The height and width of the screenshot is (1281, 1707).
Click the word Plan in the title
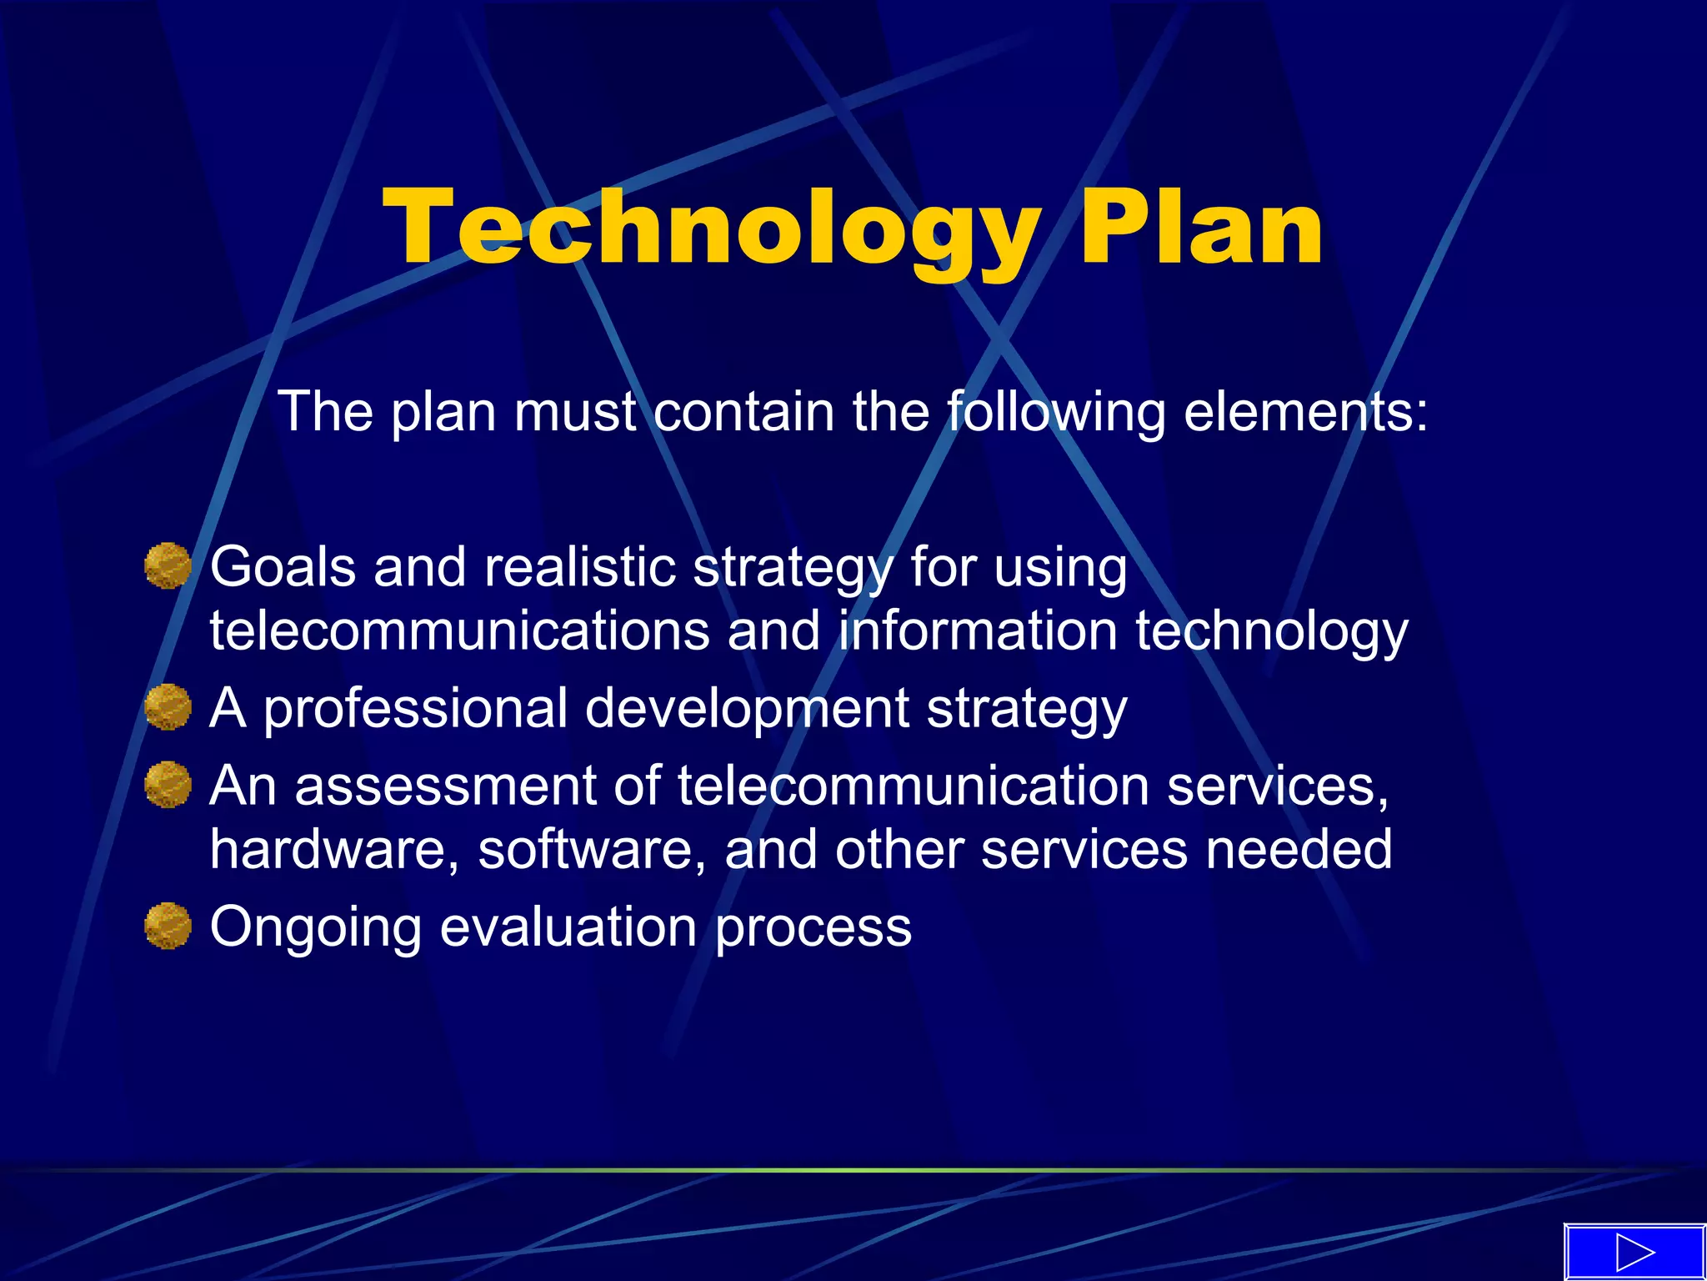tap(1200, 227)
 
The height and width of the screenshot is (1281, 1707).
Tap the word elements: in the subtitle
tap(1305, 412)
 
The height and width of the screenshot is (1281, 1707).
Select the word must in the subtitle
tap(575, 412)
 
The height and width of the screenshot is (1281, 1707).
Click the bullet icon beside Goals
tap(168, 566)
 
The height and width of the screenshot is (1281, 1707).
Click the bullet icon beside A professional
tap(168, 707)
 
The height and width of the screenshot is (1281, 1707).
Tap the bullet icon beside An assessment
tap(168, 785)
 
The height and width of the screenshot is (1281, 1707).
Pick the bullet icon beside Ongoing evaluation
tap(168, 926)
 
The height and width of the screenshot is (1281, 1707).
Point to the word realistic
tap(580, 568)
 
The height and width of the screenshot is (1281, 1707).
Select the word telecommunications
tap(459, 631)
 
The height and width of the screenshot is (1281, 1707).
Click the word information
tap(978, 631)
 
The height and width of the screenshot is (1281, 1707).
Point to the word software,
tap(592, 850)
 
